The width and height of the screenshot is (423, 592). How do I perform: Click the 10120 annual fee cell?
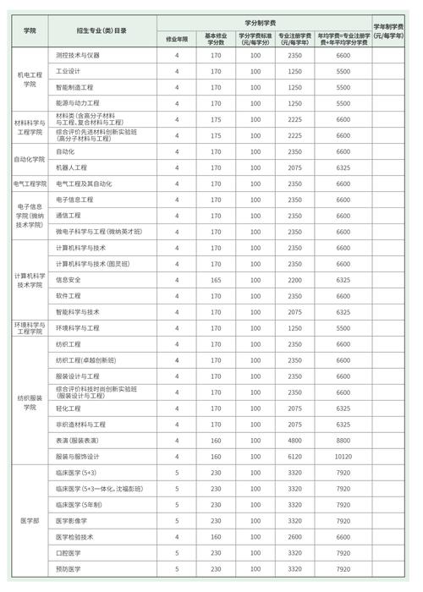(x=343, y=457)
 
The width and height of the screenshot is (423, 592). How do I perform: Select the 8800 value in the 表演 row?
(x=343, y=441)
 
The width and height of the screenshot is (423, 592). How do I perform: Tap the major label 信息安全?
(x=69, y=280)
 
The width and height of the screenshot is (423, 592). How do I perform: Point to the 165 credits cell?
(x=216, y=280)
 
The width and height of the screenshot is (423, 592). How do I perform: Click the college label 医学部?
(x=30, y=521)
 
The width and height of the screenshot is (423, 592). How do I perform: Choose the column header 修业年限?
(x=177, y=39)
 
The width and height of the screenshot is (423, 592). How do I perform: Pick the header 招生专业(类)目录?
(x=102, y=30)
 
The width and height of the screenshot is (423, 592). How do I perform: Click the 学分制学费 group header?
(x=264, y=23)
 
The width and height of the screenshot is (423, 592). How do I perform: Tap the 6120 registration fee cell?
(x=295, y=457)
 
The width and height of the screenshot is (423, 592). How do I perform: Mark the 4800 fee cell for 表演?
(x=295, y=441)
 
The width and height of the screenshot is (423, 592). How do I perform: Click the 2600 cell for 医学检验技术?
(x=295, y=537)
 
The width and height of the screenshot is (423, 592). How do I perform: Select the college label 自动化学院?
(x=30, y=159)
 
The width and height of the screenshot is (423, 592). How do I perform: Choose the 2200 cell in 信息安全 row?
(x=295, y=280)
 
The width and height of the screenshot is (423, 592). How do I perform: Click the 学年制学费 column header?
(x=392, y=30)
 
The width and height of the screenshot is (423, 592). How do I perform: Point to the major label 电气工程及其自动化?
(x=84, y=184)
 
